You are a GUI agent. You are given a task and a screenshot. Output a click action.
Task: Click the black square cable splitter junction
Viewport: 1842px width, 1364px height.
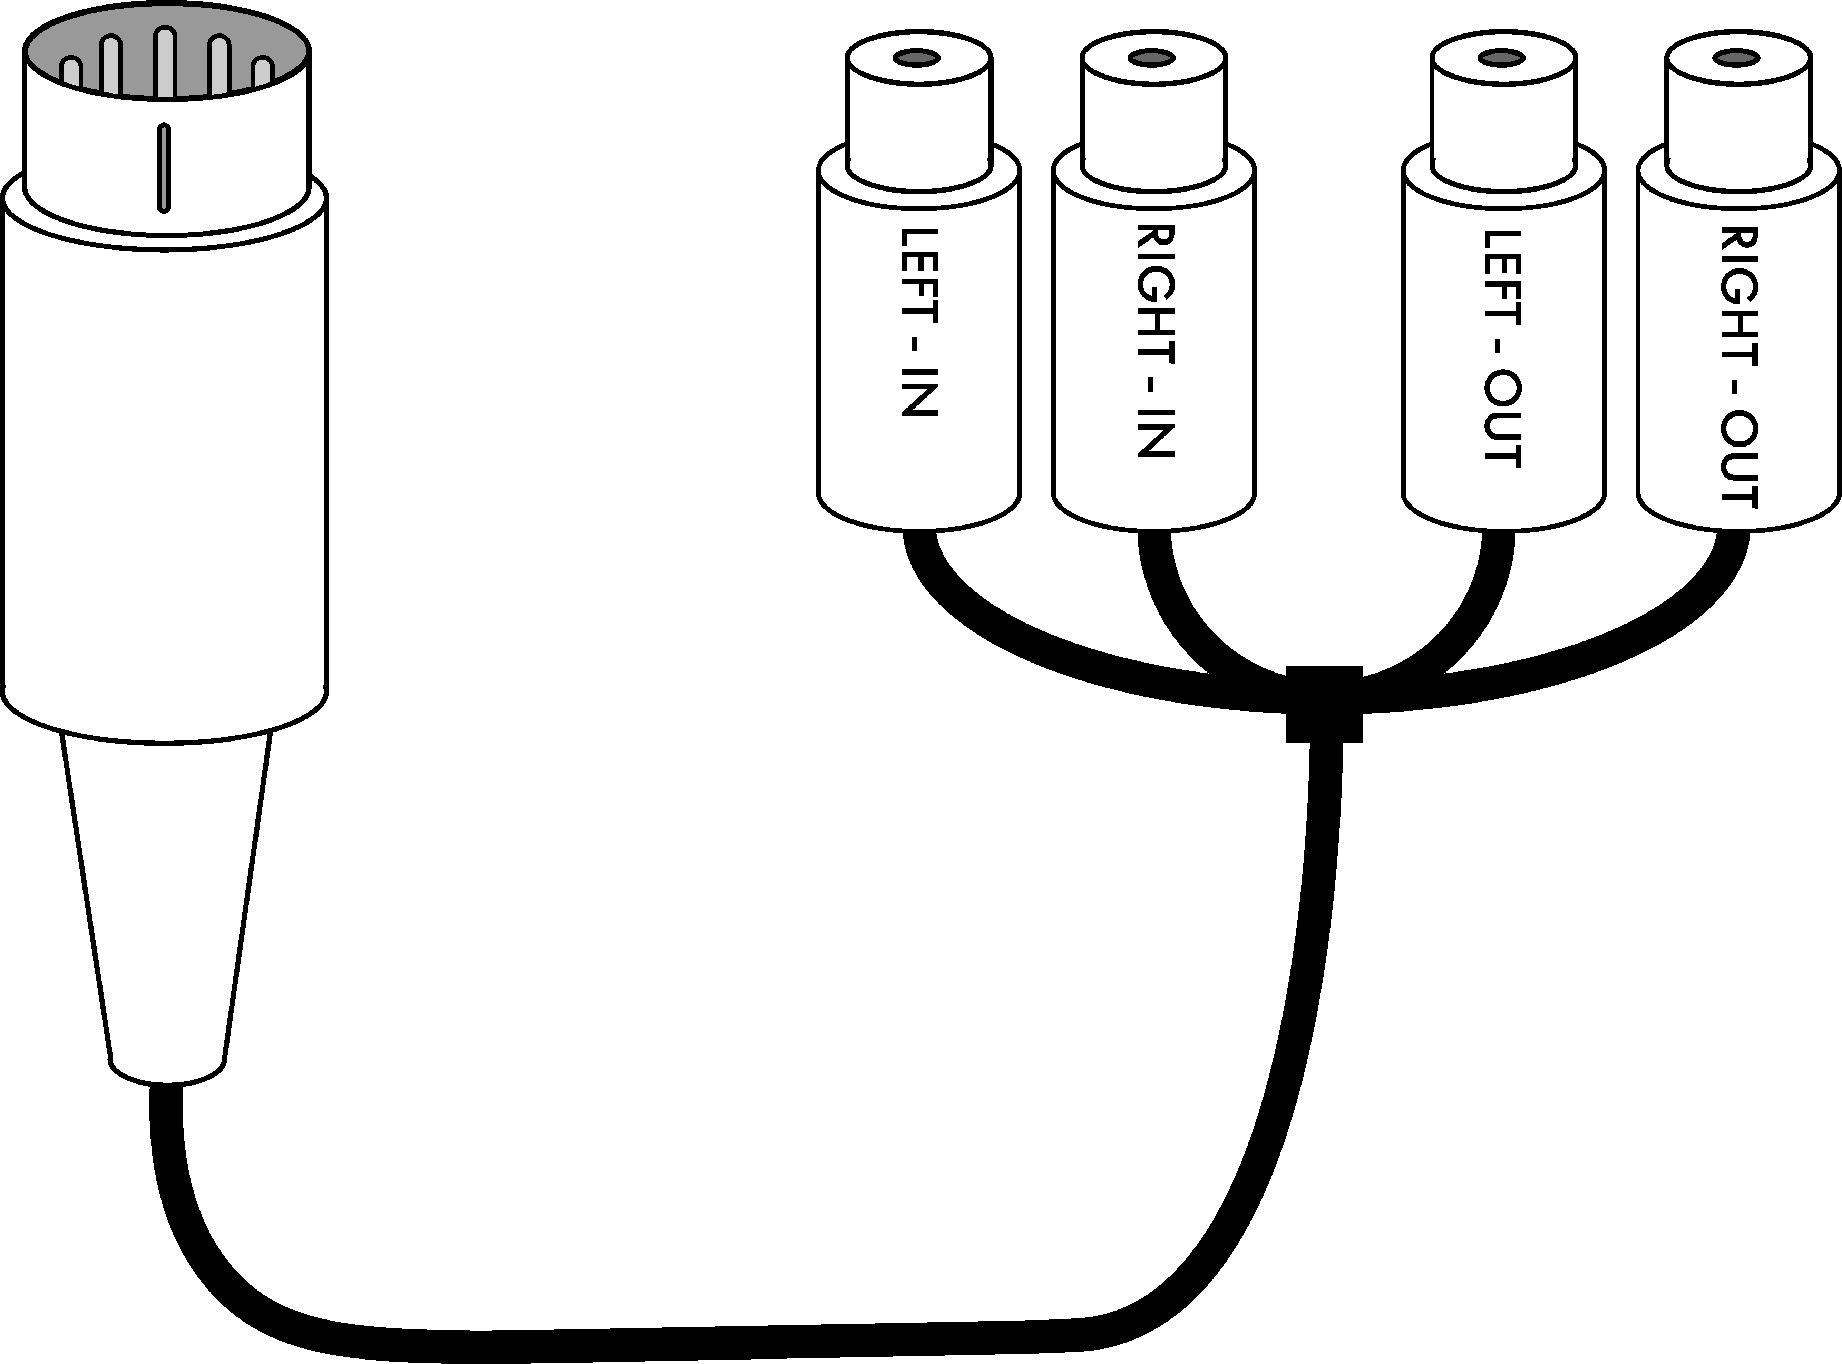[x=1324, y=704]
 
